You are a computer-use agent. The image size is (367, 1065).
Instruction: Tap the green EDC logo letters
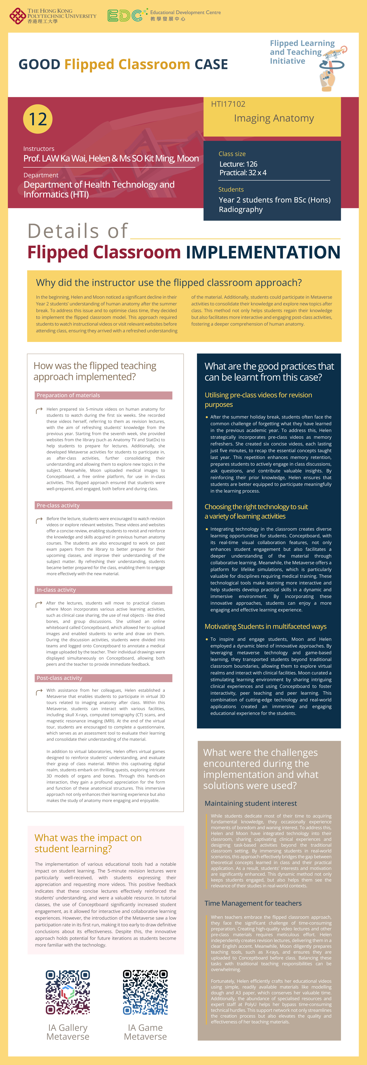pyautogui.click(x=125, y=16)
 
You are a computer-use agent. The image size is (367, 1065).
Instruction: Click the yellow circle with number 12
pyautogui.click(x=38, y=119)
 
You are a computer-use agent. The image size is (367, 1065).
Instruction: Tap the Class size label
pyautogui.click(x=232, y=154)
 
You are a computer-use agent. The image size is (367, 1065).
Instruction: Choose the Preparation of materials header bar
pyautogui.click(x=103, y=395)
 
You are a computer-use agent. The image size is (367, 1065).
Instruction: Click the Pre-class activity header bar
pyautogui.click(x=103, y=505)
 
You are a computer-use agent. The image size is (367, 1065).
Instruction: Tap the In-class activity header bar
pyautogui.click(x=103, y=590)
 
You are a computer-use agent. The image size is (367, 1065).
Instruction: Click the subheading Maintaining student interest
pyautogui.click(x=250, y=803)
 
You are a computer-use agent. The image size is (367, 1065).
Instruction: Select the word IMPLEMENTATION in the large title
pyautogui.click(x=263, y=252)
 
